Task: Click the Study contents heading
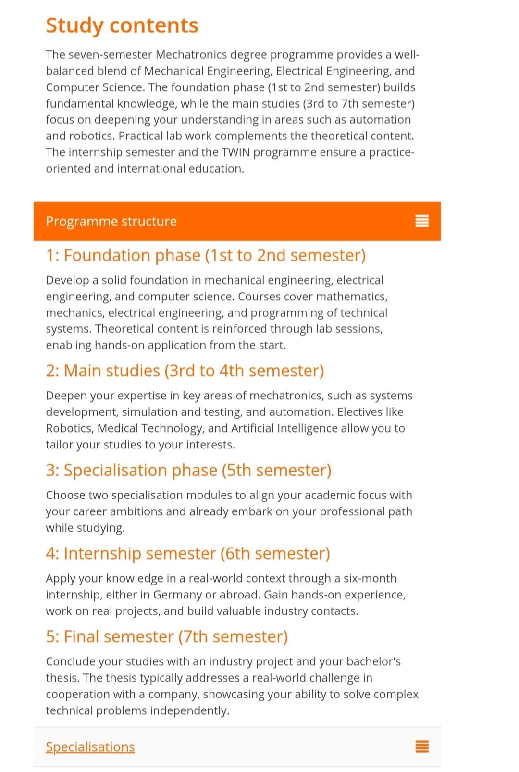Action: click(x=122, y=25)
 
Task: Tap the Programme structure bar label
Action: click(x=111, y=221)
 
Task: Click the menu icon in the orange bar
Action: click(x=421, y=221)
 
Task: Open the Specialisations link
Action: click(x=90, y=747)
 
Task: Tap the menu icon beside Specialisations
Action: click(x=421, y=747)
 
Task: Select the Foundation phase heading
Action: click(x=206, y=255)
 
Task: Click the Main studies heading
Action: click(x=185, y=371)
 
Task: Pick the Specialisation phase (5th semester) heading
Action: click(x=188, y=470)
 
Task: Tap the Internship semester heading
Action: click(x=188, y=553)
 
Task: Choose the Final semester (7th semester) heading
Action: click(x=167, y=636)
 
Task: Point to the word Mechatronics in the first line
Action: click(x=191, y=55)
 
